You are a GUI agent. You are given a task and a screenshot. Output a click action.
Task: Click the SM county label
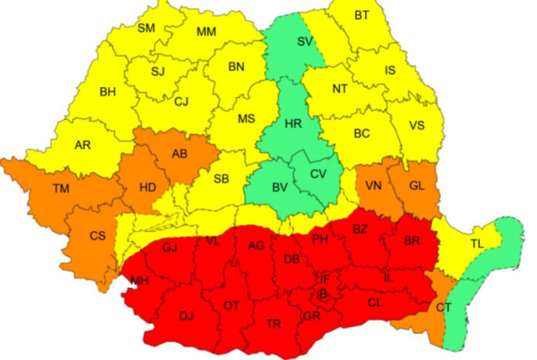tap(146, 29)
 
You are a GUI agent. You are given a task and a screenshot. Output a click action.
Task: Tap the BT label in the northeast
tap(362, 15)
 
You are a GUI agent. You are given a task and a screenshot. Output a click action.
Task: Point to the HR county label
tap(292, 123)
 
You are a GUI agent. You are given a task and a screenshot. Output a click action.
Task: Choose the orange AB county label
tap(180, 153)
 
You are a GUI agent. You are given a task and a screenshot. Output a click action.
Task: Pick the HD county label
tap(147, 187)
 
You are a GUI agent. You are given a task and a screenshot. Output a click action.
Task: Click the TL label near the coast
tap(478, 244)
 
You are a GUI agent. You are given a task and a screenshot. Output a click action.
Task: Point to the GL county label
tap(415, 186)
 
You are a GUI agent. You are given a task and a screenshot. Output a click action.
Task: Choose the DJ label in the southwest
tap(186, 315)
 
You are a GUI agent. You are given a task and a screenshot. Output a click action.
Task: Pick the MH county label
tap(139, 280)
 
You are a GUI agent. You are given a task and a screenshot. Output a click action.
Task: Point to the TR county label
tap(272, 324)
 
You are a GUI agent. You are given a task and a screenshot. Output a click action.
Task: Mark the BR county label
tap(413, 240)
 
